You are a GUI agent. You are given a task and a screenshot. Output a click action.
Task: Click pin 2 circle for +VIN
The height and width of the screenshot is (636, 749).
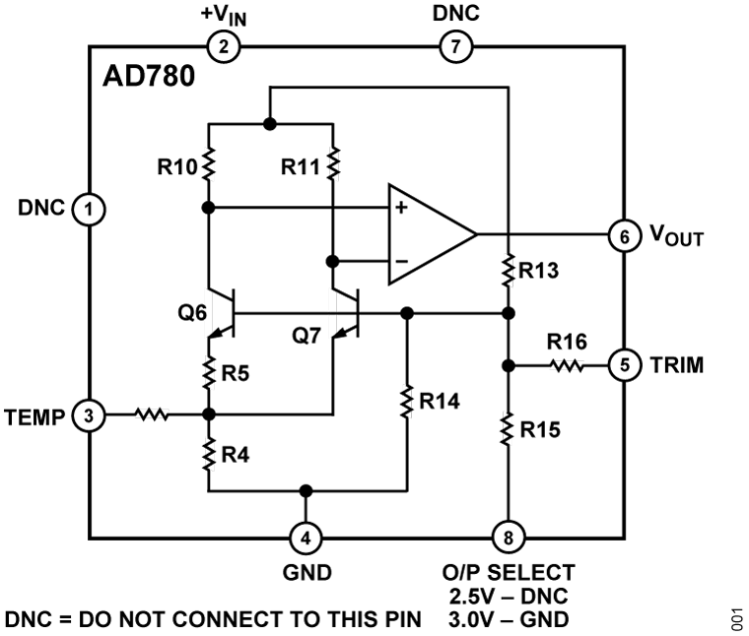225,45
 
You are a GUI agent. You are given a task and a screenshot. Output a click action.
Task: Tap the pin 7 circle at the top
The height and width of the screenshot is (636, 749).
454,45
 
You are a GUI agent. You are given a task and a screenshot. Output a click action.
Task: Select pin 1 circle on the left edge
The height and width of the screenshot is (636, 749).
90,208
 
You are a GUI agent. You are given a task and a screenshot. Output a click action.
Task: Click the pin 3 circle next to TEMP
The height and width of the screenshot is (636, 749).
90,415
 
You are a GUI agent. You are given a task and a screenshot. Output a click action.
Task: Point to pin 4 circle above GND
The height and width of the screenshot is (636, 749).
306,538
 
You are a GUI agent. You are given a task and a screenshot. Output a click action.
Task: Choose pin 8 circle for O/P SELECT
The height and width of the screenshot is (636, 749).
509,538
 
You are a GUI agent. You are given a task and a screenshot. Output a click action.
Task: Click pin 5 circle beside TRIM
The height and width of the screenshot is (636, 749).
623,365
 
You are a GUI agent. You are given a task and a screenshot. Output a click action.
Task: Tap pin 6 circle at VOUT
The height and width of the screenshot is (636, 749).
623,236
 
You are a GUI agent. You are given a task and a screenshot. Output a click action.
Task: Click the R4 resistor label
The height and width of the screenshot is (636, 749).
234,455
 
